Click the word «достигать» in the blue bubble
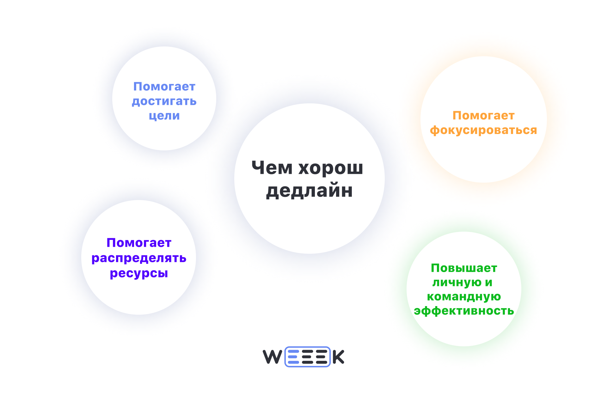[164, 101]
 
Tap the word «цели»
[164, 116]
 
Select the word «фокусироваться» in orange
[483, 130]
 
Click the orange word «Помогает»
[483, 115]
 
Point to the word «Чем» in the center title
[272, 167]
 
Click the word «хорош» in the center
[331, 168]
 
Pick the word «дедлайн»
[309, 191]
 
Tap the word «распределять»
[139, 258]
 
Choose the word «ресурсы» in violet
[139, 273]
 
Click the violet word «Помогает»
[139, 243]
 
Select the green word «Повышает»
[464, 268]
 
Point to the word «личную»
[457, 282]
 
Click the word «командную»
[464, 297]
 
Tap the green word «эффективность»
[464, 311]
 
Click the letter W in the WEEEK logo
[272, 357]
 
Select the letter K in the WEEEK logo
[338, 357]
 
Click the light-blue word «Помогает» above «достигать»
[164, 87]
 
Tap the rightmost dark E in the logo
[321, 357]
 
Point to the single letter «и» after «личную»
[489, 282]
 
